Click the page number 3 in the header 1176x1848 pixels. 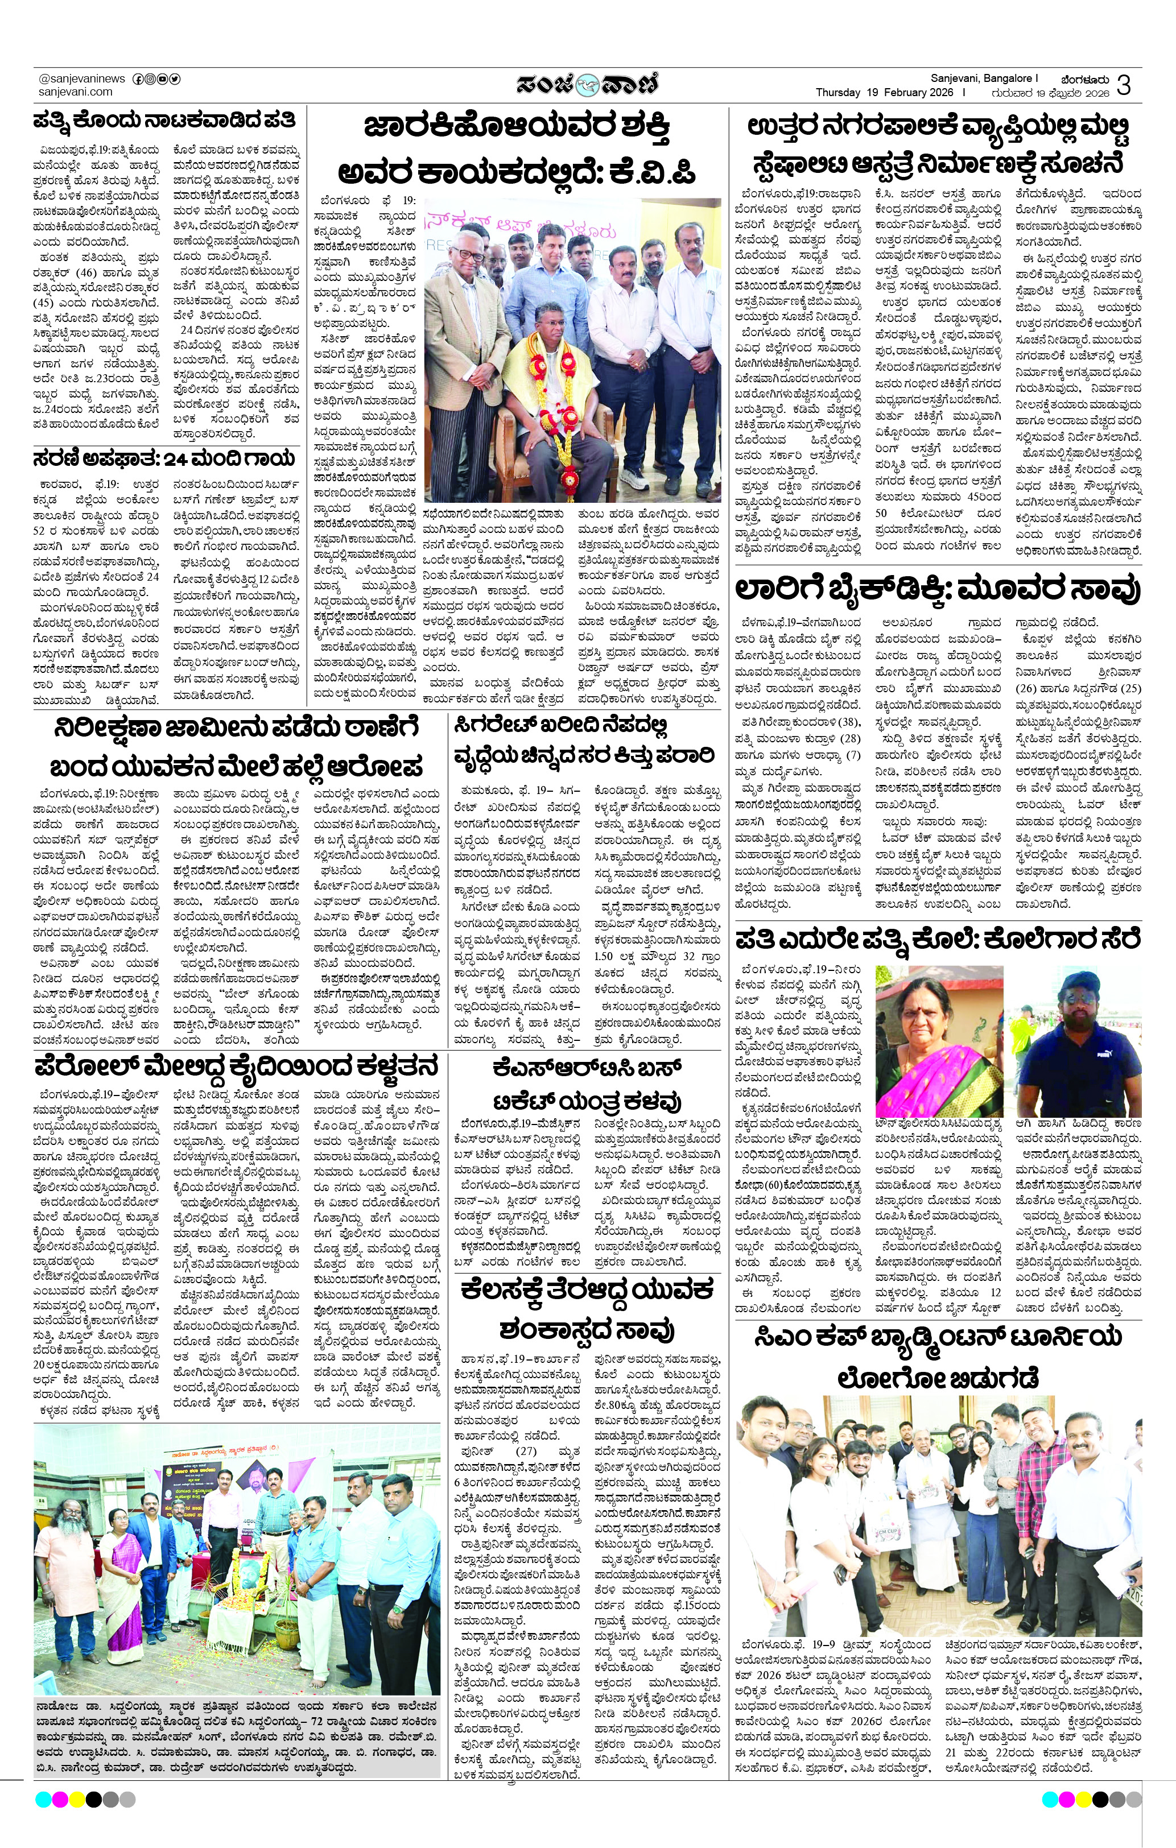1124,84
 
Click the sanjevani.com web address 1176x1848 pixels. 75,92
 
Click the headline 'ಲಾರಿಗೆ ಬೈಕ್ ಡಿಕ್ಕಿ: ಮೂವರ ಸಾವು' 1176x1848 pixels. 937,589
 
